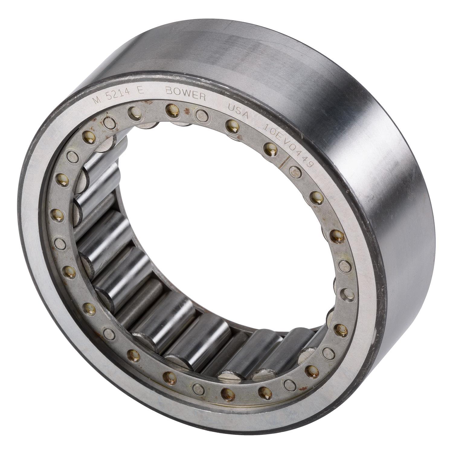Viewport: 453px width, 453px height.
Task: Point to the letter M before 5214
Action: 97,100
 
